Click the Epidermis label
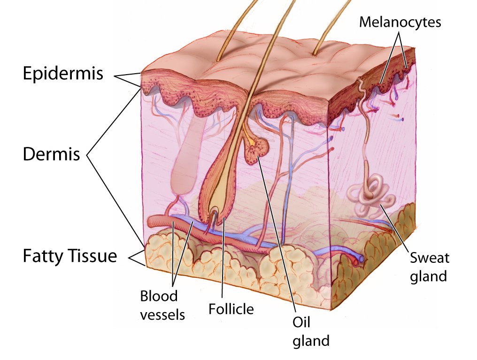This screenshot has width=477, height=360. tap(63, 74)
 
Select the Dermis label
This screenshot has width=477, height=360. tap(52, 154)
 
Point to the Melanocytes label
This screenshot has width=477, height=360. tap(400, 22)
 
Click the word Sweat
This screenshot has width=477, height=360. tap(429, 258)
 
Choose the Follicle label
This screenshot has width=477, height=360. tap(231, 309)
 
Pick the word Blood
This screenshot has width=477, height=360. tap(159, 297)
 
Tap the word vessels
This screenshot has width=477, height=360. tap(162, 314)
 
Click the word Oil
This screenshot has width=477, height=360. tap(302, 323)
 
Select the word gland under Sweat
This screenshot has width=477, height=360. tap(428, 276)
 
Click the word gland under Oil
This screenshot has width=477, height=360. tap(310, 341)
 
